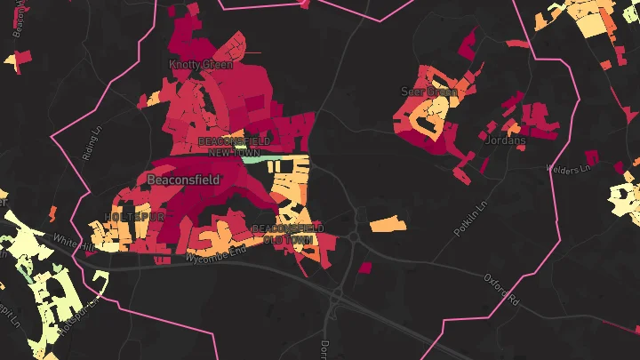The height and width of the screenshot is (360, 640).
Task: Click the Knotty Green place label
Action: point(201,65)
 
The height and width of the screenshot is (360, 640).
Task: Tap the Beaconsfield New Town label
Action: point(227,148)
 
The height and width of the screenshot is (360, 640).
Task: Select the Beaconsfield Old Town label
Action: point(283,234)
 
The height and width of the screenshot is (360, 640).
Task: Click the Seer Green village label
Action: point(429,92)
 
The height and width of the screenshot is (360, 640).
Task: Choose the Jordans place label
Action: point(507,140)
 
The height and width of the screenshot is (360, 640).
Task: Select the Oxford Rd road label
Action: point(501,288)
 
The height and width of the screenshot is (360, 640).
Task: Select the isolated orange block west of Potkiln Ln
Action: point(388,224)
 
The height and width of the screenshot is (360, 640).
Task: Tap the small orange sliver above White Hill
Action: point(52,214)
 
